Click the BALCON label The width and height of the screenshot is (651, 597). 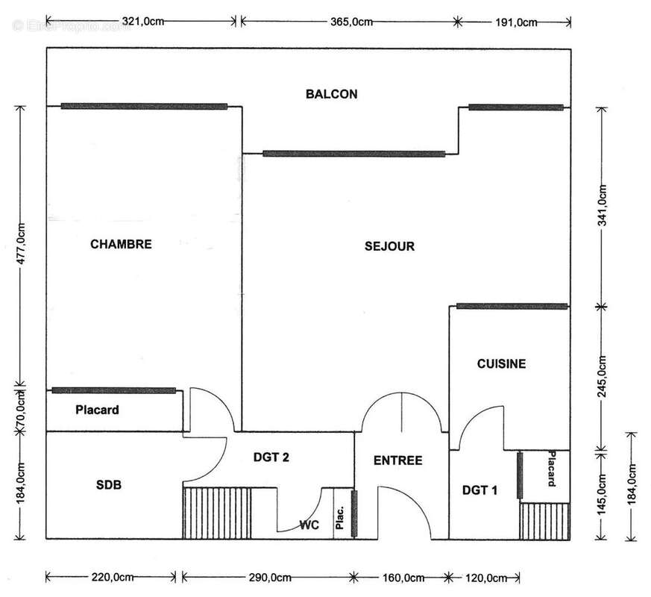coord(332,94)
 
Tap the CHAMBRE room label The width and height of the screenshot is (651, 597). coord(121,244)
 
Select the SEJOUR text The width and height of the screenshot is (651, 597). coord(389,246)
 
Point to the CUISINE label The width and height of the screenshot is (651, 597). coord(501,364)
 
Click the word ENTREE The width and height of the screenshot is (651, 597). coord(397,460)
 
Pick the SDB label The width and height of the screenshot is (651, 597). coord(109,485)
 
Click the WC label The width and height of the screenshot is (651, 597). coord(309,525)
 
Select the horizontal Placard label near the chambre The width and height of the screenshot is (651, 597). coord(97,410)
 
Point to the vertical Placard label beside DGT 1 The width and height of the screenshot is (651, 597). coord(553,469)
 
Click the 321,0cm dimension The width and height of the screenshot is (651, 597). coord(142,22)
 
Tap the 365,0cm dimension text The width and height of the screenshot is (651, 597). coord(351,22)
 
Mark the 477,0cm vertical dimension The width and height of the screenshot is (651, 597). coord(22,245)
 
